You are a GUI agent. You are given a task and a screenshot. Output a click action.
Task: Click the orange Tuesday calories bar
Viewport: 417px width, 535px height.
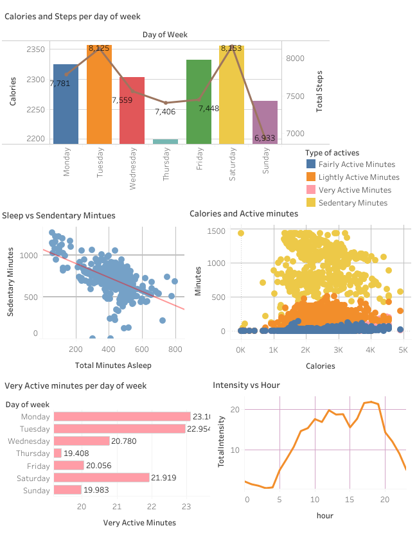click(x=99, y=96)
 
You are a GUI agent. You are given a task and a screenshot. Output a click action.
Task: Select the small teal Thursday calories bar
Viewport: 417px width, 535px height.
click(x=165, y=141)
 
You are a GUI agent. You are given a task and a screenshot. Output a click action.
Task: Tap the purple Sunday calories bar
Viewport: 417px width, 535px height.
click(x=265, y=122)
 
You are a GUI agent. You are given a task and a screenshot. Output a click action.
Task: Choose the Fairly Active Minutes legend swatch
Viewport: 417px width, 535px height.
click(x=311, y=164)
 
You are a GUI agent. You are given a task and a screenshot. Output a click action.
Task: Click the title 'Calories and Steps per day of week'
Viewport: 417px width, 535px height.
click(x=73, y=16)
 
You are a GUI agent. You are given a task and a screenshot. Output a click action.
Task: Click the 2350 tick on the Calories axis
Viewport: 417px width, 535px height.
click(x=36, y=49)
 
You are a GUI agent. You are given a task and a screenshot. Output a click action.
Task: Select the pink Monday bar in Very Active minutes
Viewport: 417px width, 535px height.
click(x=122, y=417)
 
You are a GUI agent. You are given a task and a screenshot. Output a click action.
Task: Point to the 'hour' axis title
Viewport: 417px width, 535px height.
click(x=325, y=515)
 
